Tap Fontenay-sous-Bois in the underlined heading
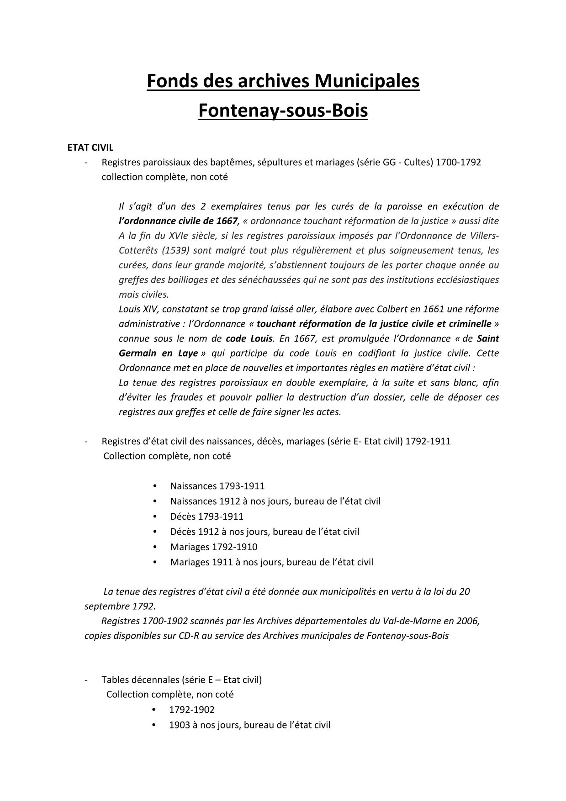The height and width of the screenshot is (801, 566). coord(283,111)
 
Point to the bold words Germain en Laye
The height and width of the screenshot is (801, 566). coord(159,353)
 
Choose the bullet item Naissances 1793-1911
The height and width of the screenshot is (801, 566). coord(217,486)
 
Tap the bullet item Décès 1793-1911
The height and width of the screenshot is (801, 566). coord(206,516)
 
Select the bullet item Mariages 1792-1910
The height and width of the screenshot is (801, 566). coord(214,547)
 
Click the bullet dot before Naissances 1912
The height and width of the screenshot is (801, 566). coord(156,501)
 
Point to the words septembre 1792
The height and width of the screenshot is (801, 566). coord(119,606)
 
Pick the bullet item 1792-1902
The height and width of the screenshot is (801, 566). coord(191,710)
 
